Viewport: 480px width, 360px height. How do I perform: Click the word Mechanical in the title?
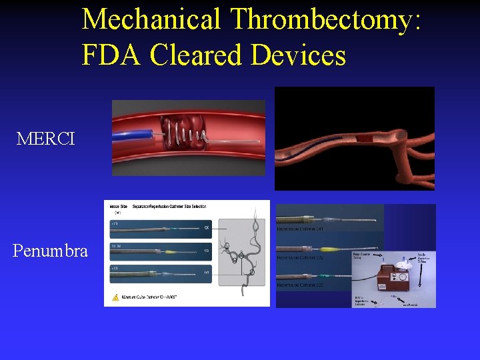[x=151, y=19]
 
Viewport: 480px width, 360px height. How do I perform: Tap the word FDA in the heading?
[x=111, y=55]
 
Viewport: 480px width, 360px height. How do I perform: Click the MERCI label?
[x=46, y=139]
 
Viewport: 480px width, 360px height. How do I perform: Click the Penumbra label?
[x=50, y=251]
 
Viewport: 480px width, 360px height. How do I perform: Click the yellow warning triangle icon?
[x=115, y=298]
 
